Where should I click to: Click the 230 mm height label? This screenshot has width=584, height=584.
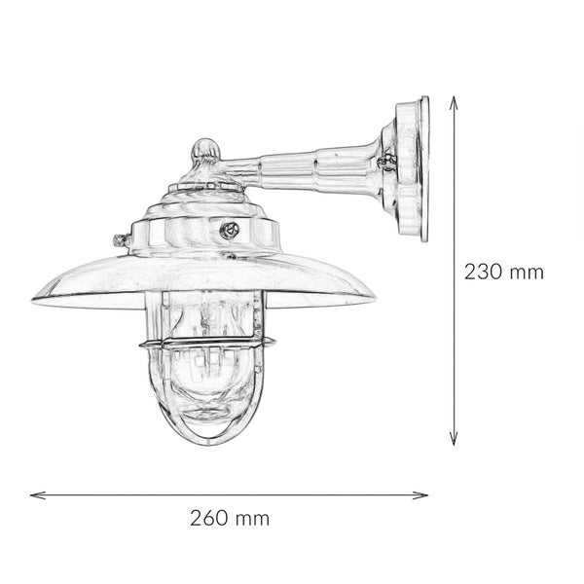pos(502,272)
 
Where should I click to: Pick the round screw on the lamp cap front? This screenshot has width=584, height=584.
pos(231,230)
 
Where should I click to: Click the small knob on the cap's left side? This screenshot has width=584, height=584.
pos(121,237)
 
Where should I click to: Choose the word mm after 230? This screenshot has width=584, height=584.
pos(527,272)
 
